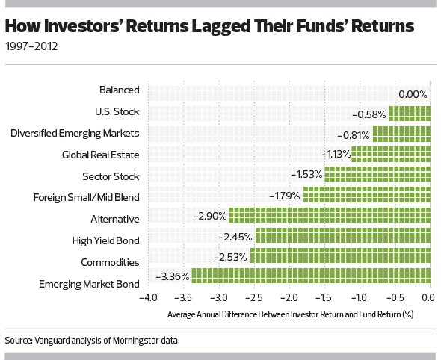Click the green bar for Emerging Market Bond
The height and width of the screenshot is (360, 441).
tap(311, 276)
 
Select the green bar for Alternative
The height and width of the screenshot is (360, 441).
tap(330, 215)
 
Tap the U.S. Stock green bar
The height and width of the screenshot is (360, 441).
tap(410, 114)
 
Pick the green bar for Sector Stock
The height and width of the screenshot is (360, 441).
tap(377, 175)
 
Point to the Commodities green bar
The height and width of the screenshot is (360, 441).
tap(341, 255)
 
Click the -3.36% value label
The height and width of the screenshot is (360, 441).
tap(172, 276)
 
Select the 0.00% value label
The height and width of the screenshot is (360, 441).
tap(413, 94)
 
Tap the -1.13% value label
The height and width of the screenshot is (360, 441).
tap(336, 155)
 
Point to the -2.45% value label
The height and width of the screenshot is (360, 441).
tap(235, 238)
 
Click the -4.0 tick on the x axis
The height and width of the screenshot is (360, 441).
tap(148, 297)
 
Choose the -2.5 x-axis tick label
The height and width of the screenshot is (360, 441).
tap(254, 297)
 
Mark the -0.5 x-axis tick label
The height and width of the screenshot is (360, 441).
tap(395, 297)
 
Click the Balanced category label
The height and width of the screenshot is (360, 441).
tap(120, 90)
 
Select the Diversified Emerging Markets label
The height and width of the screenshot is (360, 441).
tap(75, 133)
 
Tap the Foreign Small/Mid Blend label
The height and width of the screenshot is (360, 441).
tap(87, 197)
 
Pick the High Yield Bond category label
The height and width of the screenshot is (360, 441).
tap(105, 240)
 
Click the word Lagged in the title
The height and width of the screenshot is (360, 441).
tap(221, 26)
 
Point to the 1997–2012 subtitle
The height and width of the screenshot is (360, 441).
tap(31, 46)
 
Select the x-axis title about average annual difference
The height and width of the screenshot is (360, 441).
tap(290, 314)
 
